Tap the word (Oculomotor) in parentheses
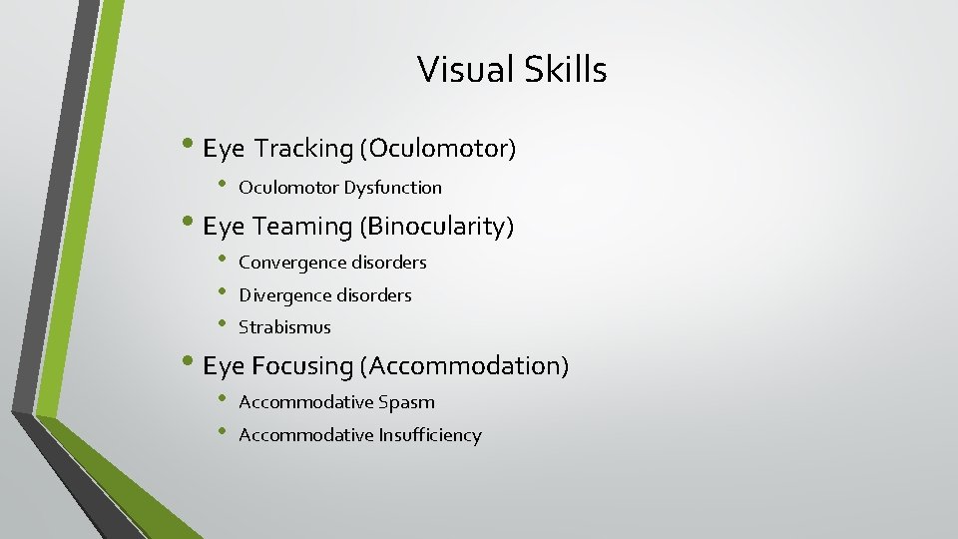click(x=439, y=150)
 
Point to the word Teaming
click(x=302, y=228)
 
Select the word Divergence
click(x=284, y=295)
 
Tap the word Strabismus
click(x=284, y=327)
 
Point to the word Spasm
click(x=406, y=402)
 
